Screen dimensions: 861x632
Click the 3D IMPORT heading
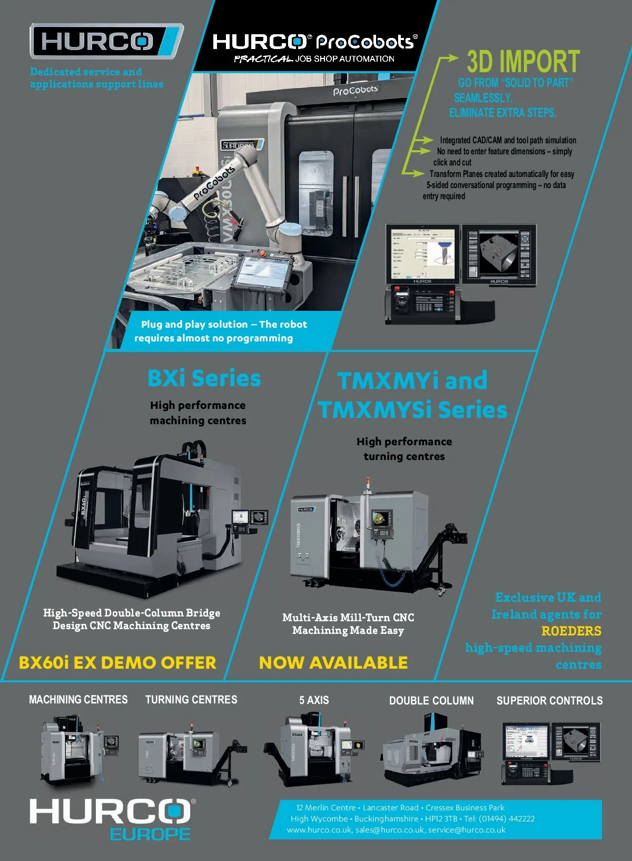coord(523,62)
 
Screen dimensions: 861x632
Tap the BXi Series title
coord(204,378)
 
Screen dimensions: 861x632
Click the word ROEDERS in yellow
coord(571,631)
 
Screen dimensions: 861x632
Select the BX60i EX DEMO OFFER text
coord(117,662)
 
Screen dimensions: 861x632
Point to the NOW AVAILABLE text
coord(333,662)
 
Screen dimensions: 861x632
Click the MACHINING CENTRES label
coord(78,700)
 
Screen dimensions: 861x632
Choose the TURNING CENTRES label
coord(191,700)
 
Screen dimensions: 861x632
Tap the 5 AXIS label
coord(314,700)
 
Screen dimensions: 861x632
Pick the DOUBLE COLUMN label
coord(431,701)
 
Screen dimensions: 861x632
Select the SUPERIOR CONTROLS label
coord(549,701)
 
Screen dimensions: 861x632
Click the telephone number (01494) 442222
coord(499,819)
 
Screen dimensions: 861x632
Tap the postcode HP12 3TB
coord(441,819)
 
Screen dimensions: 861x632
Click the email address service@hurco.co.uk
coord(467,830)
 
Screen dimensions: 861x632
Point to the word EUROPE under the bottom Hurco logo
coord(150,834)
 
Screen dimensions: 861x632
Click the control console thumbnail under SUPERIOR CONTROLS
coord(550,752)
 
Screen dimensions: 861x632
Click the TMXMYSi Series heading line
coord(412,410)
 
